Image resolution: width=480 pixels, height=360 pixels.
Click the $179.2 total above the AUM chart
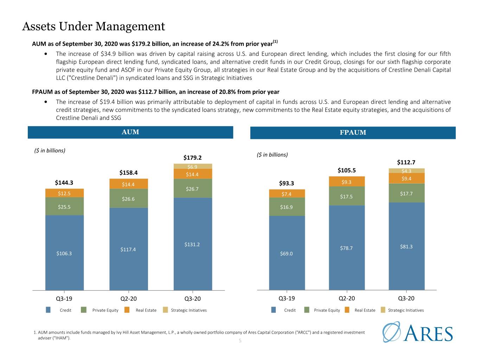pos(192,157)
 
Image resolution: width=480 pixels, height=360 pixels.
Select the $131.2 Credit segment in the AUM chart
pos(193,244)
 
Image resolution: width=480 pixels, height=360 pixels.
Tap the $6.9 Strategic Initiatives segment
pos(193,166)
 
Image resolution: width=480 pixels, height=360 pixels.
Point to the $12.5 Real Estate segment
pos(64,193)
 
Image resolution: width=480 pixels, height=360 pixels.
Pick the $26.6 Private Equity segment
pos(129,199)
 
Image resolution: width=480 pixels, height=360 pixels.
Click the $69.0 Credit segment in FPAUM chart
pos(287,253)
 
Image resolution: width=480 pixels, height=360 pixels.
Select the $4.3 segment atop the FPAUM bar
pos(407,171)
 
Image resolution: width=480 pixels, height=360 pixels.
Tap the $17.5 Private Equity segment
pos(347,196)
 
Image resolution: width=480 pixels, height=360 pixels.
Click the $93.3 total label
pos(287,183)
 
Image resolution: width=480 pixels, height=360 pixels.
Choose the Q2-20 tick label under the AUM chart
pos(129,298)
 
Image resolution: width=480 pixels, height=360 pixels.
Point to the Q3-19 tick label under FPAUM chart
pos(287,298)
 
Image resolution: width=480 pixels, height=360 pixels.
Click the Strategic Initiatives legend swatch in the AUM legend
pos(166,310)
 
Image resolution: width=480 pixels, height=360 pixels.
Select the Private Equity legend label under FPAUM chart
pos(327,310)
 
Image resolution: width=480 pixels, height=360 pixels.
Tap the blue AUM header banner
pos(130,132)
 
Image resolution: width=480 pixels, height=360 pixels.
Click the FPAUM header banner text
pos(353,133)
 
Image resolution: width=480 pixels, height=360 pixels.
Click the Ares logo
pos(417,332)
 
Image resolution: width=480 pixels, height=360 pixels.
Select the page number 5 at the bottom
pos(240,341)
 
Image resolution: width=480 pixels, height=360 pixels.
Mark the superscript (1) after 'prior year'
pos(275,41)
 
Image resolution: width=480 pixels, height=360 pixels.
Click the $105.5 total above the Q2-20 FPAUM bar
pos(347,170)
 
